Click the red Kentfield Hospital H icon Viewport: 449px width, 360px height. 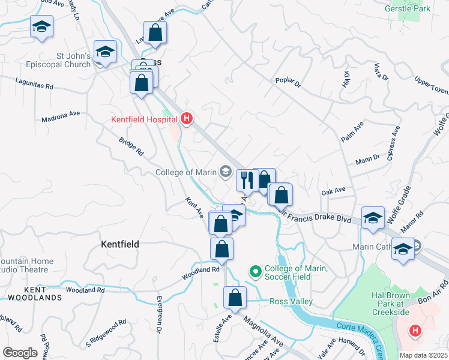[x=186, y=119]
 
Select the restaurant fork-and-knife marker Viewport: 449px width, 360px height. [x=247, y=179]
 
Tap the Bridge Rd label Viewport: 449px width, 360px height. [x=131, y=146]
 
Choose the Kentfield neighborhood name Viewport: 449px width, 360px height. [x=120, y=244]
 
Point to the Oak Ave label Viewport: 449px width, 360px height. [x=334, y=191]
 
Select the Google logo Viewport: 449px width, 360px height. [x=19, y=352]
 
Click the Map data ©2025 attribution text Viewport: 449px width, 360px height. [x=423, y=355]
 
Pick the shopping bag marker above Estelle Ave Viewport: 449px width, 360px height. [x=235, y=298]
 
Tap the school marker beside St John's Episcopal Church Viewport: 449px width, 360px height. [x=105, y=52]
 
